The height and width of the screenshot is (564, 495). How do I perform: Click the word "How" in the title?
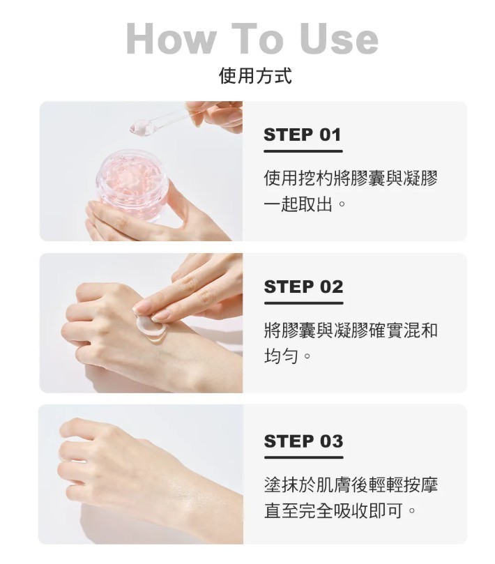tap(172, 38)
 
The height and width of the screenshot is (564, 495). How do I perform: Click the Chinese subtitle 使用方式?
tap(255, 75)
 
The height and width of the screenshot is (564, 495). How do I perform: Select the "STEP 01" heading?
tap(302, 135)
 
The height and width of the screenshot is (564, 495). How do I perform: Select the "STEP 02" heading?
tap(303, 287)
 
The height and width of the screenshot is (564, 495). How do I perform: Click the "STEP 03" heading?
tap(303, 441)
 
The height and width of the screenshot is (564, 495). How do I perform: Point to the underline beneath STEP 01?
tap(303, 151)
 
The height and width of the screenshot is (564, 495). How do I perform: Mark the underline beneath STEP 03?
tap(303, 457)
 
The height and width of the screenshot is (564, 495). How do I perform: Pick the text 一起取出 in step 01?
tap(298, 204)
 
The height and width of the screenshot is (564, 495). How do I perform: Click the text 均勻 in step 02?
tap(281, 356)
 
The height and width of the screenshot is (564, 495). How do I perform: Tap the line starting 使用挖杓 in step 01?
tap(351, 178)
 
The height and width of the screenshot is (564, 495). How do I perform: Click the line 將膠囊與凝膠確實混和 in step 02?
tap(351, 330)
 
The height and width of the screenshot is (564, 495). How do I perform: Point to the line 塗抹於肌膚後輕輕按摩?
tap(351, 484)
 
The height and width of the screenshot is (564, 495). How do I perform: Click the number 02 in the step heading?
tap(331, 287)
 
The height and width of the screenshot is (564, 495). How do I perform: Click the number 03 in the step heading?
tap(331, 441)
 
